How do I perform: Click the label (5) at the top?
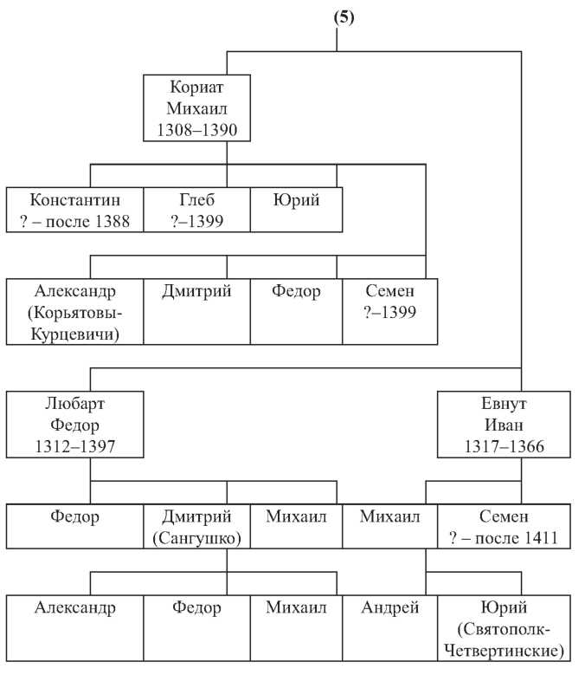344,17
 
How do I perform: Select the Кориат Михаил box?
196,108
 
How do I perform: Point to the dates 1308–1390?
196,130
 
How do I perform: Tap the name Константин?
74,200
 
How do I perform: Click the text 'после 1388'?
87,221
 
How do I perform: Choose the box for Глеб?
196,210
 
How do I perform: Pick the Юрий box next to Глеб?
297,210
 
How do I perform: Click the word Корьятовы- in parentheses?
74,313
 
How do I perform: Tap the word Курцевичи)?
74,334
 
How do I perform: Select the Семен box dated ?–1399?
390,312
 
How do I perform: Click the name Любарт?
74,404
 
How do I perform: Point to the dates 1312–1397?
74,446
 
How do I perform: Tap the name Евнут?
504,404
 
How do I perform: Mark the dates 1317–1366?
504,446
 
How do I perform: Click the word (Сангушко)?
196,538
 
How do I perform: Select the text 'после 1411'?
517,538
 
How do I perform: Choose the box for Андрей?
390,628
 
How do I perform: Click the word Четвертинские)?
504,651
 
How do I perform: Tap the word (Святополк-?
504,629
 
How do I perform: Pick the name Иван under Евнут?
504,425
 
